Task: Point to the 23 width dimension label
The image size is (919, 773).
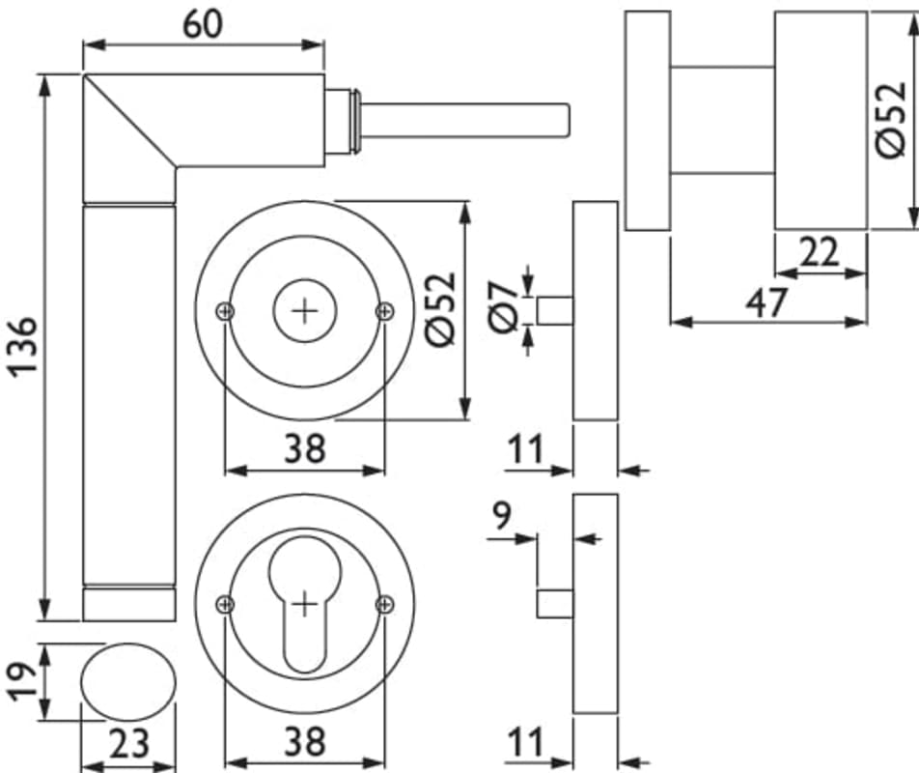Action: pos(127,745)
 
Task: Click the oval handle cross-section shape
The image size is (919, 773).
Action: pos(127,682)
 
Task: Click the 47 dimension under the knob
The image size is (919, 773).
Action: pos(767,302)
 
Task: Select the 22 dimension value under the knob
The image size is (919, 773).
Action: pos(820,253)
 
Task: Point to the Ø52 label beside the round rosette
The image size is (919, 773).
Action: pos(439,310)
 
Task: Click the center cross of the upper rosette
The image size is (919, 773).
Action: pos(304,310)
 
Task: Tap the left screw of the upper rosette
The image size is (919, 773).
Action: pos(225,310)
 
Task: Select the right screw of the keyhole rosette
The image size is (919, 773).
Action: pos(384,605)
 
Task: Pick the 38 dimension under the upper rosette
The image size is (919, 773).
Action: pos(304,447)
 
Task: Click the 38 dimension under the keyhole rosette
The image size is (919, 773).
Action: pos(304,742)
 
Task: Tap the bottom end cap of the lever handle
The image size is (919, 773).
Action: pos(128,604)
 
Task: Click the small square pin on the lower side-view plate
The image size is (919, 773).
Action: pos(555,604)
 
